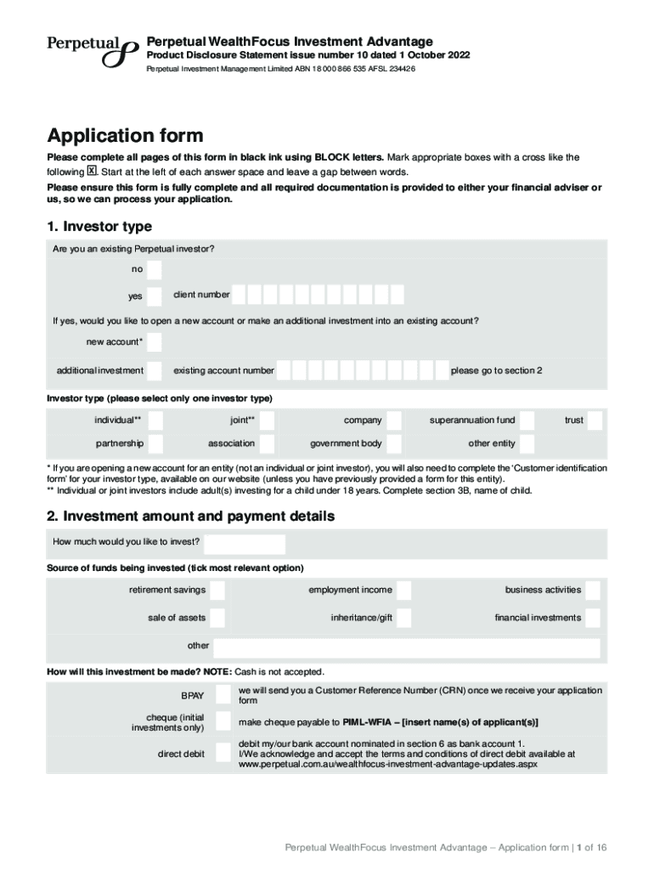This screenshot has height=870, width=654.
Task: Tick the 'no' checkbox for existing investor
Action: [154, 269]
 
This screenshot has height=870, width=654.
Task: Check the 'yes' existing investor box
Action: [154, 297]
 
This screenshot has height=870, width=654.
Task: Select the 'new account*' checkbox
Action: [154, 342]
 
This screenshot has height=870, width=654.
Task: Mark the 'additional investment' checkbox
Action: [154, 371]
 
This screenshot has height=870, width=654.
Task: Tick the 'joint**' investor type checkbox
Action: [268, 421]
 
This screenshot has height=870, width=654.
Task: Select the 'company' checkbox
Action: [395, 421]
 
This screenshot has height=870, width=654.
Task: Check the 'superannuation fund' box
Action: [527, 421]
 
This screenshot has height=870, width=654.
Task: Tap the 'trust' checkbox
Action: [595, 421]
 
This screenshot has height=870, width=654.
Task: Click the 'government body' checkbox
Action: [395, 443]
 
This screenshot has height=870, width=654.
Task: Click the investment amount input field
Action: [245, 544]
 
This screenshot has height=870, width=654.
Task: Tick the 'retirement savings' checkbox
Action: [217, 590]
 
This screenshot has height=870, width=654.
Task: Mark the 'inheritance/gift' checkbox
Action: [404, 618]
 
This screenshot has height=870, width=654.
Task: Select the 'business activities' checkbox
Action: [593, 590]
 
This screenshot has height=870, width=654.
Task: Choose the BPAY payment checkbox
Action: [223, 694]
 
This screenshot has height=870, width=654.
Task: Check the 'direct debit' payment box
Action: [223, 754]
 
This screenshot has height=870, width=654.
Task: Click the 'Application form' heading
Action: [126, 136]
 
